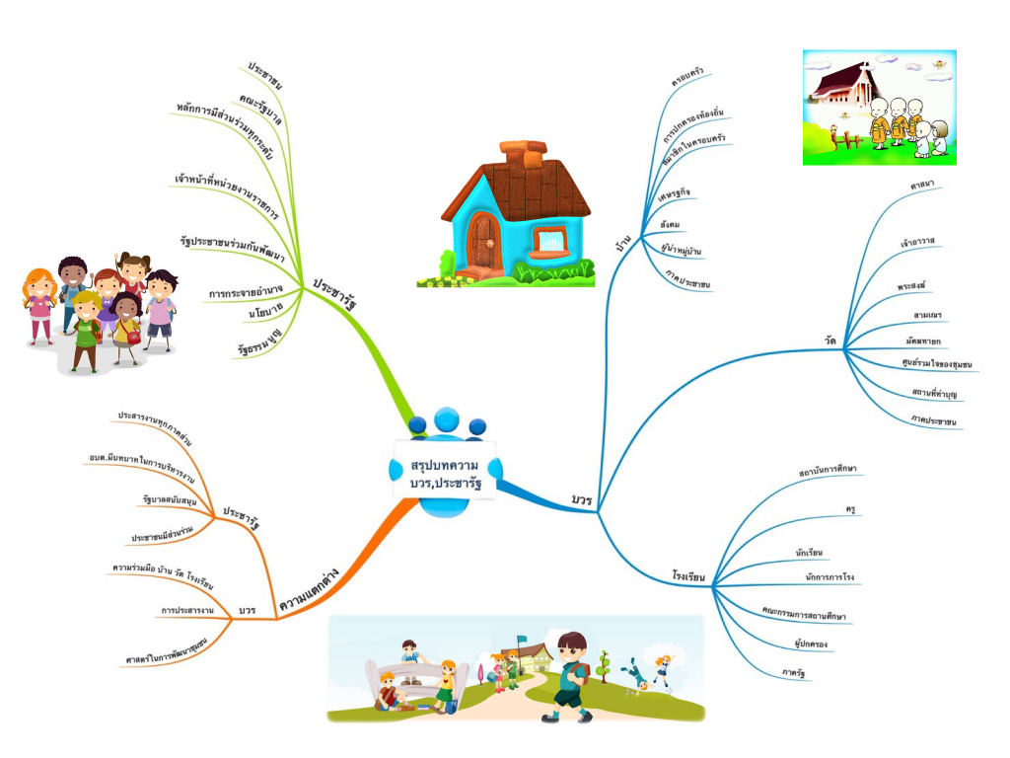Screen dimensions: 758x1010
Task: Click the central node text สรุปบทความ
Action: (445, 465)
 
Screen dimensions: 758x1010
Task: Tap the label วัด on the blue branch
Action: (830, 341)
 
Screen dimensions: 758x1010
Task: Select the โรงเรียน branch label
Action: (688, 575)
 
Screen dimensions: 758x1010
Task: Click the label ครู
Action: (849, 509)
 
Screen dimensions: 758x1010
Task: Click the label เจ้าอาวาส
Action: (917, 240)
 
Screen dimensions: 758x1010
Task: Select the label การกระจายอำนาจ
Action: (246, 290)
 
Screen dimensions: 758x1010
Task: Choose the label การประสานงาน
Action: (187, 610)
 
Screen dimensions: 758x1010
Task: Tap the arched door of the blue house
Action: (483, 239)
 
